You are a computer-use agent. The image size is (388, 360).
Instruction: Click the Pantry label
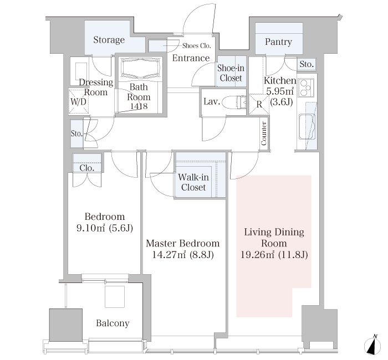[x=278, y=42]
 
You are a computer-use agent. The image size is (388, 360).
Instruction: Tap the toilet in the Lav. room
[x=234, y=102]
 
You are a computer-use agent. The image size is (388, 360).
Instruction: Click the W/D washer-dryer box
[x=79, y=101]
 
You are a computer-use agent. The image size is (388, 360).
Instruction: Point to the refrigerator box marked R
[x=259, y=104]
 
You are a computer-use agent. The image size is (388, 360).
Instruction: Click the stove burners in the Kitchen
[x=306, y=88]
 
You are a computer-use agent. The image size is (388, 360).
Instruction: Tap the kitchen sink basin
[x=308, y=127]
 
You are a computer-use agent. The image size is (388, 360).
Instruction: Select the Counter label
[x=264, y=133]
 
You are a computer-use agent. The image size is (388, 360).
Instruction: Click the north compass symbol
[x=373, y=345]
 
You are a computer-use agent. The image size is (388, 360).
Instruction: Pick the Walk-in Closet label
[x=193, y=182]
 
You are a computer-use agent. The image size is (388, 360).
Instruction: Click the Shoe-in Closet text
[x=231, y=73]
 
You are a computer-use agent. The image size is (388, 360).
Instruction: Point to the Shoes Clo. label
[x=196, y=46]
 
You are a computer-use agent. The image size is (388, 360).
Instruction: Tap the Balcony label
[x=113, y=323]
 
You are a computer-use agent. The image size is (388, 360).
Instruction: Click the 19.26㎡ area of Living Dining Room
[x=257, y=254]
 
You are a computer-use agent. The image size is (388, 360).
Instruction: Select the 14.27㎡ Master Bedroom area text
[x=169, y=254]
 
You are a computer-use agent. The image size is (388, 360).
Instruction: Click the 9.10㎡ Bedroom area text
[x=91, y=228]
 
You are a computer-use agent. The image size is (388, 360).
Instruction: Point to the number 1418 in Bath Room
[x=139, y=106]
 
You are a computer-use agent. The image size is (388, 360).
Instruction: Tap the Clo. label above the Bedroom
[x=87, y=168]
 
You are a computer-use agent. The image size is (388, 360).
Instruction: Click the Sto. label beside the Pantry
[x=307, y=64]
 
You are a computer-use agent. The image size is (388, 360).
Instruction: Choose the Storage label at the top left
[x=109, y=40]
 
